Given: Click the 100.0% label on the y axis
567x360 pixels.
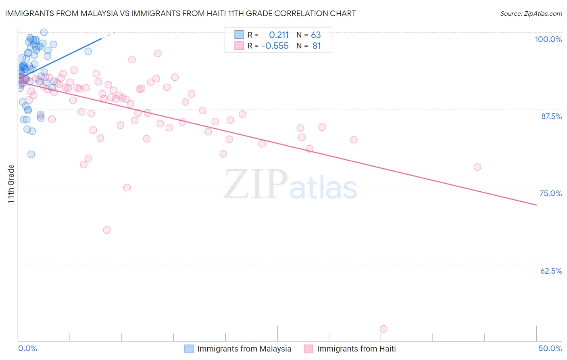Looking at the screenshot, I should [x=548, y=39].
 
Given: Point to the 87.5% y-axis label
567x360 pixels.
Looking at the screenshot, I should [x=551, y=116].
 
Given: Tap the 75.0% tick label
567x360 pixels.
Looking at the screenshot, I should [x=550, y=193].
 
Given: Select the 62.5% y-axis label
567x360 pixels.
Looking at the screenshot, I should [x=551, y=271].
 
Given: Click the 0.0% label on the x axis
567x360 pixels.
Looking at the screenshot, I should [x=27, y=348].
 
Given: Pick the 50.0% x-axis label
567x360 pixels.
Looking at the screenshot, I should [x=550, y=348].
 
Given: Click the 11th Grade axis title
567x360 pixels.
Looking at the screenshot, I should [x=11, y=184].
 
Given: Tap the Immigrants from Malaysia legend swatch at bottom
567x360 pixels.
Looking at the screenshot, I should [x=189, y=349].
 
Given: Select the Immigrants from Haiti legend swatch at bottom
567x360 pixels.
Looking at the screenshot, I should [x=309, y=349].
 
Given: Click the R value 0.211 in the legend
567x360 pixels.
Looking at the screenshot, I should [x=279, y=35].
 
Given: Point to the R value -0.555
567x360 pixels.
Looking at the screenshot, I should [x=275, y=46].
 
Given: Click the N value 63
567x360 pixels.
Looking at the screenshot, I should [x=316, y=35].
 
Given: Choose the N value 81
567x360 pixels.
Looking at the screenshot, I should [x=317, y=46].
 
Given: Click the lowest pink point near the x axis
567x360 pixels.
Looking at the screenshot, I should [x=384, y=329].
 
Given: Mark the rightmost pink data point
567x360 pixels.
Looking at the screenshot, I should [x=477, y=167].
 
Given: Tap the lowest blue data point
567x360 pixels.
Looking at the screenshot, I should [x=31, y=154].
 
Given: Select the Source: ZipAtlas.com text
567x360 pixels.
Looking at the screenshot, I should [x=531, y=14].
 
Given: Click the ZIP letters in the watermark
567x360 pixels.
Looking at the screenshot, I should [x=255, y=184].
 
